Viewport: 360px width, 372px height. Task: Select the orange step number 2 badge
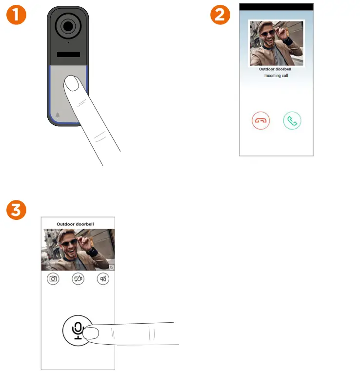click(219, 16)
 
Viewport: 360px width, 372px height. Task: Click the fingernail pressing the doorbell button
click(72, 84)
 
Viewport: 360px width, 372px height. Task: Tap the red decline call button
click(261, 120)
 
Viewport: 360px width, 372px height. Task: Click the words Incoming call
click(276, 76)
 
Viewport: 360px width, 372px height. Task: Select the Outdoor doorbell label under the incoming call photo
click(276, 69)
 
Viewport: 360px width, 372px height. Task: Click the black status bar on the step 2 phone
click(276, 7)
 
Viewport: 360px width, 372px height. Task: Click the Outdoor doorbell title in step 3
click(75, 224)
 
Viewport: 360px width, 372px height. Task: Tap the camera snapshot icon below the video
click(53, 279)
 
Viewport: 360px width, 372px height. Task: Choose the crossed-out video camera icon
click(78, 279)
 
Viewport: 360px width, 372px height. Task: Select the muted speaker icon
click(103, 279)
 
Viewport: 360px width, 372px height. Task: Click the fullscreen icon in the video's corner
click(111, 268)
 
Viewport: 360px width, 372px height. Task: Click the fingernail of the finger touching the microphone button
click(91, 333)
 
